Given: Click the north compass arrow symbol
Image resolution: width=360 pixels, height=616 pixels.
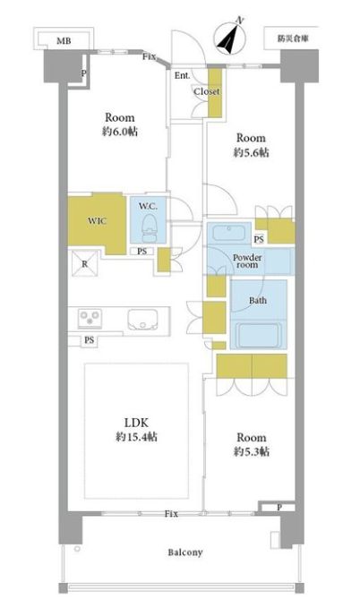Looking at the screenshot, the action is coord(229,38).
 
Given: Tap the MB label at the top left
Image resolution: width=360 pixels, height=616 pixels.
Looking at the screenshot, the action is coord(64,40).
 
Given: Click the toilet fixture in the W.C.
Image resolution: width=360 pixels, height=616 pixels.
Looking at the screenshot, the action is coord(150,228).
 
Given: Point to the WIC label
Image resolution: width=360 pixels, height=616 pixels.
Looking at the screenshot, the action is coord(97,221).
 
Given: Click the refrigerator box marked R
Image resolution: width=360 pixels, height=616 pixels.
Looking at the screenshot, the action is coord(84,263).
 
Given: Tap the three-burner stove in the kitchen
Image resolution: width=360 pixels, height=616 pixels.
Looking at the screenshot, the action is coord(90,319).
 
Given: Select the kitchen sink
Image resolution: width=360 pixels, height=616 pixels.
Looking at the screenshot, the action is coord(142,319).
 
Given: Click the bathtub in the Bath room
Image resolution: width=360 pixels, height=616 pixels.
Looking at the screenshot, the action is coord(258,335).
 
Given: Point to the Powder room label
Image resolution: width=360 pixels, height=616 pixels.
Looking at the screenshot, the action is coord(247,261).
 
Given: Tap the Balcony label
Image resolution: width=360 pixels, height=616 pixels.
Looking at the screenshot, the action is coord(185,552).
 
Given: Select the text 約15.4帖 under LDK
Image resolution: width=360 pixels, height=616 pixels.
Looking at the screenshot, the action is coord(137,436).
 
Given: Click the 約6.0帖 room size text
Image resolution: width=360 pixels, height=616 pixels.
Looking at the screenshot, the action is coord(120,132).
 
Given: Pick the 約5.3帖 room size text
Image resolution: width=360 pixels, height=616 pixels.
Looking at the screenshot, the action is coord(252,451).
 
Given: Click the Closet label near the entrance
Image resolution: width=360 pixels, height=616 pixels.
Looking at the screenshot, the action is coord(207,91).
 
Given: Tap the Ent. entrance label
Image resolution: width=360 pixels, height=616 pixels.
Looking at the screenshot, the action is coord(183,75).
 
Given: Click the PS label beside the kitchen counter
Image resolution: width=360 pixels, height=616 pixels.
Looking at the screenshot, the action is coord(90,340).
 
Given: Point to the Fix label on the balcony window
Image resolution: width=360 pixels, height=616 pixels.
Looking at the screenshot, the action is coord(171,513).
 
